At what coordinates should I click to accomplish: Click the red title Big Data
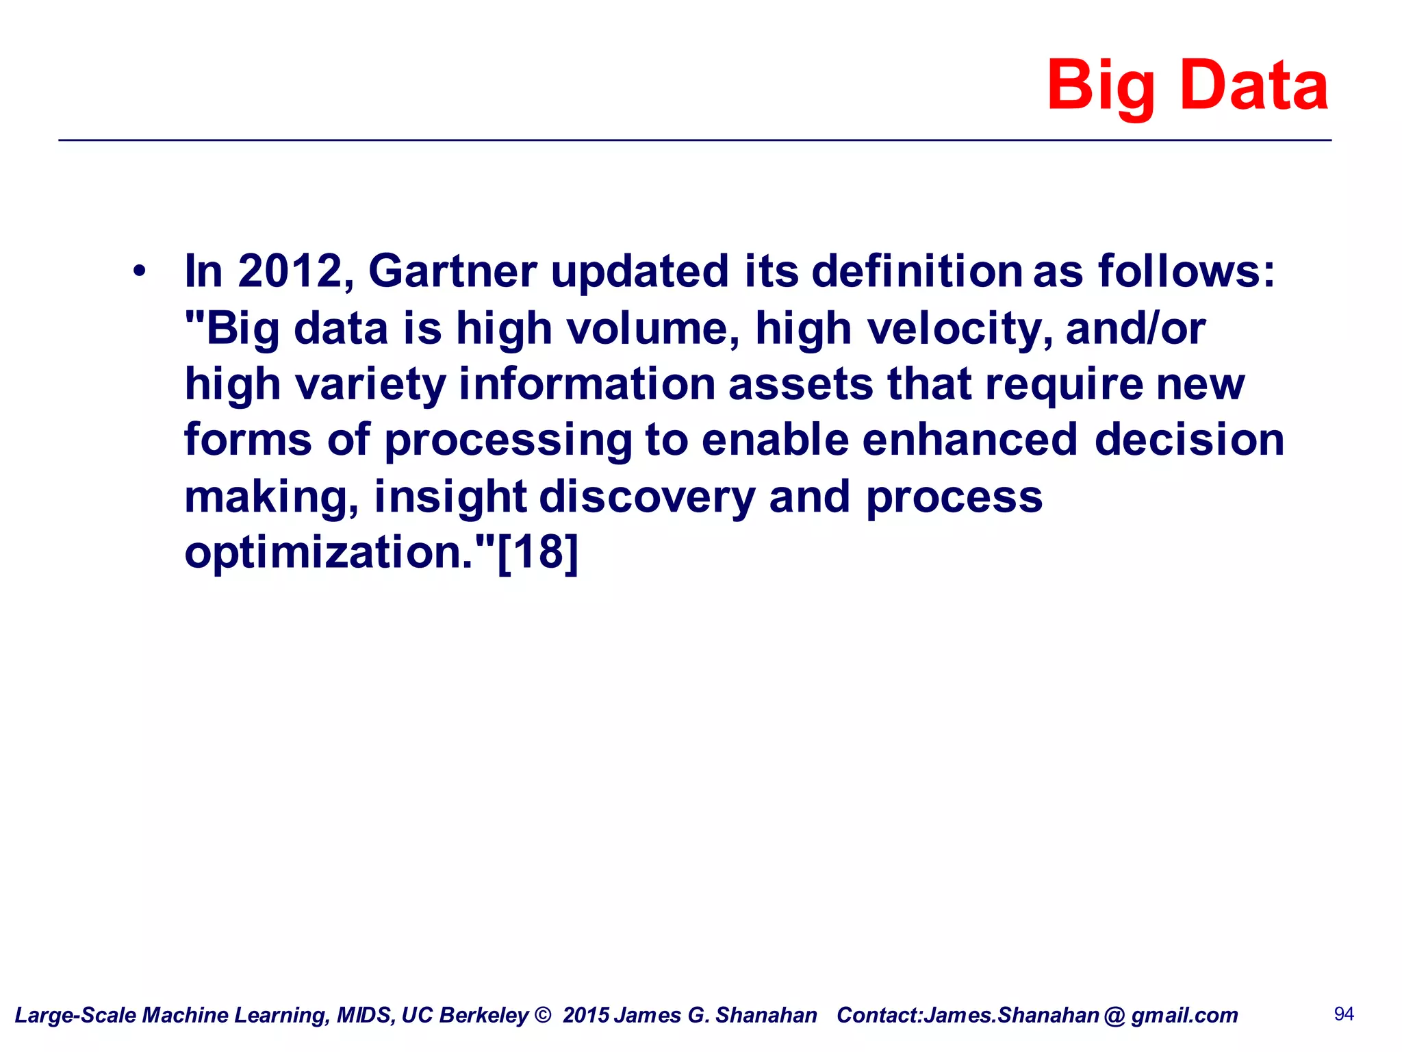click(1187, 86)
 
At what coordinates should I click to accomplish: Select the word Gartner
click(453, 271)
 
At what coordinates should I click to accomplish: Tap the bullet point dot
click(140, 271)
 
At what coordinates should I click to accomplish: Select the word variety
click(370, 384)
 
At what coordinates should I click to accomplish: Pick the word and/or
click(1135, 329)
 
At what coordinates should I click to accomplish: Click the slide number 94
click(1344, 1014)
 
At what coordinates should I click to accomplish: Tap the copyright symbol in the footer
click(542, 1014)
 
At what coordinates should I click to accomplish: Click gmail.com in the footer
click(1184, 1015)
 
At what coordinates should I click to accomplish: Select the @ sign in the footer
click(1114, 1015)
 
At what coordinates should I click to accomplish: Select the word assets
click(800, 384)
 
